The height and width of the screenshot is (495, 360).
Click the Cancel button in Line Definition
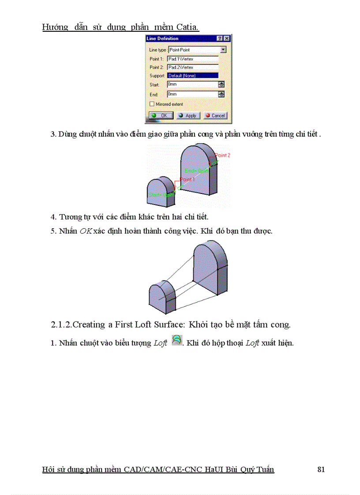[x=215, y=115]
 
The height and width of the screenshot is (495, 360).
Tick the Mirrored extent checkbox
[x=152, y=104]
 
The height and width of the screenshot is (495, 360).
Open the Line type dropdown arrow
[x=223, y=50]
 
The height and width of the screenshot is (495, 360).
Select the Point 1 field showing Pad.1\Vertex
[x=193, y=59]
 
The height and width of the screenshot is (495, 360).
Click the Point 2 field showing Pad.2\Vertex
[x=193, y=67]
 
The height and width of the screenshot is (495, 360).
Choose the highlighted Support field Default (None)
[x=193, y=75]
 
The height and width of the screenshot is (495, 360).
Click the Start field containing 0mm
[x=192, y=84]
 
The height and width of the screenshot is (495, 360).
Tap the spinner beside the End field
[x=221, y=94]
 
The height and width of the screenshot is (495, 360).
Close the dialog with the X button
[x=226, y=39]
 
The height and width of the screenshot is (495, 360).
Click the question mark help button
[x=220, y=39]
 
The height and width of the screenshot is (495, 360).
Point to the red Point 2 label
[x=222, y=155]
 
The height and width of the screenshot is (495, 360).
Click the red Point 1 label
[x=187, y=179]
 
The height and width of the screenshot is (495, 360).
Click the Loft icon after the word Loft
[x=176, y=340]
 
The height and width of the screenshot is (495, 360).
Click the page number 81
[x=321, y=469]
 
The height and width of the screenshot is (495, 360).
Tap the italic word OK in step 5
[x=86, y=231]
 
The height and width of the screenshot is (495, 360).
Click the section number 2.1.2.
[x=61, y=325]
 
